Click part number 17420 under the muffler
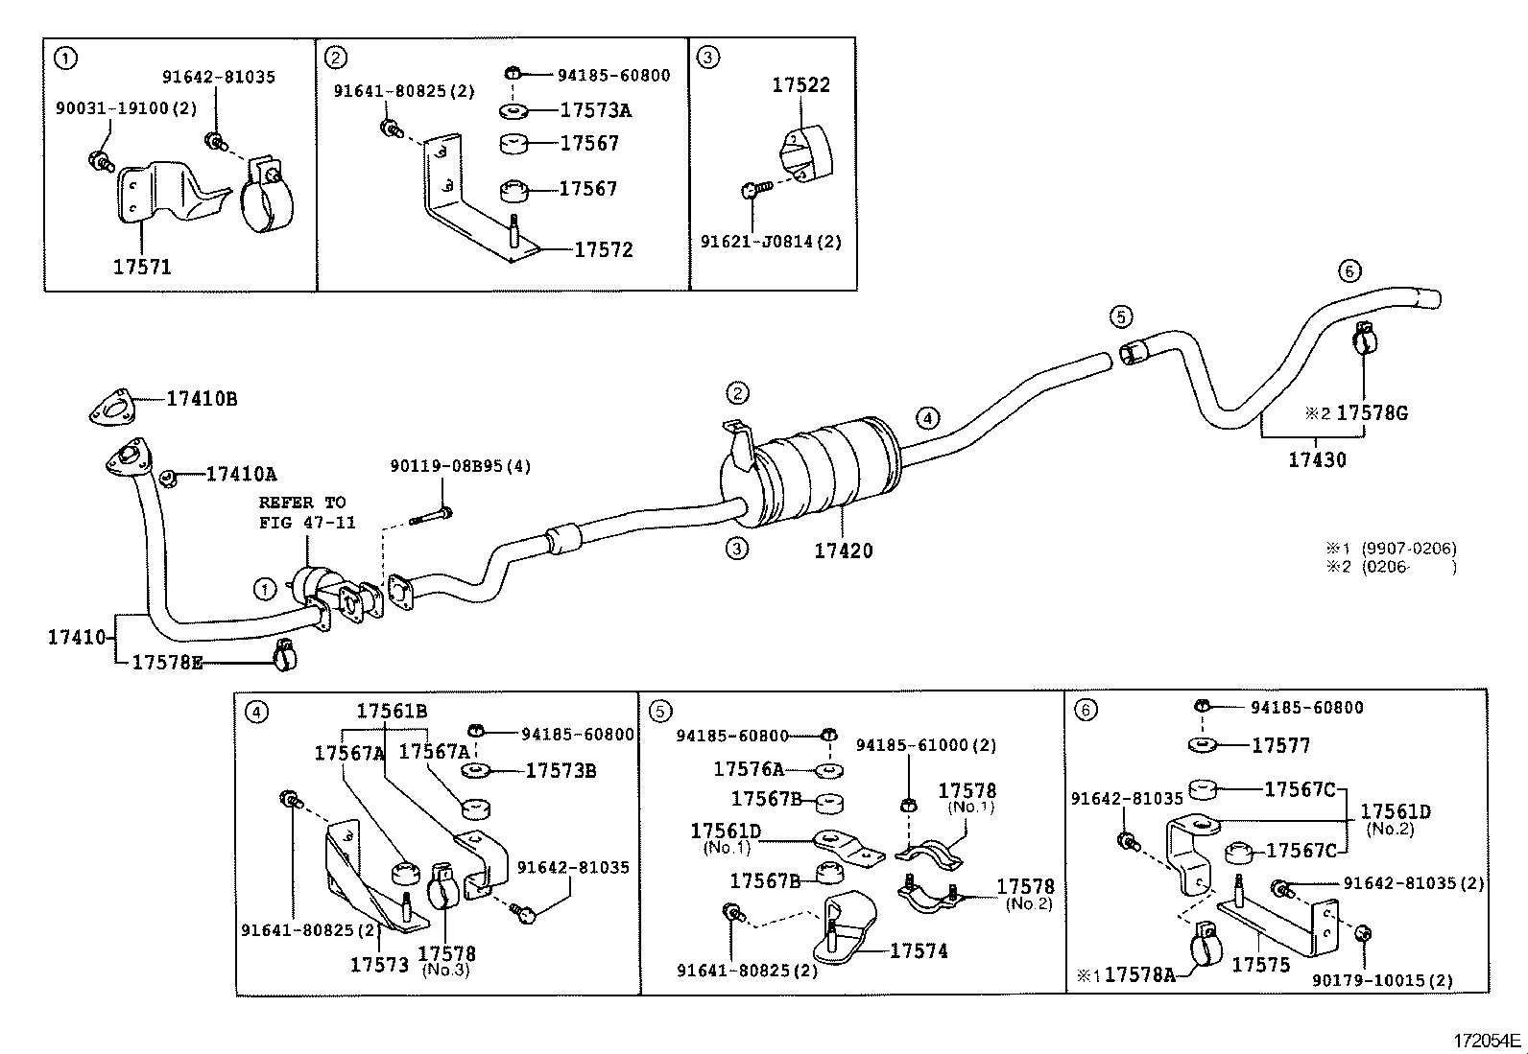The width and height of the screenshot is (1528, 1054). pyautogui.click(x=843, y=551)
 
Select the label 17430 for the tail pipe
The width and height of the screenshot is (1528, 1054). pyautogui.click(x=1317, y=460)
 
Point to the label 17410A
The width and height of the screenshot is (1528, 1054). pyautogui.click(x=241, y=474)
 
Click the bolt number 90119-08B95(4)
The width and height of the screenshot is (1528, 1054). pyautogui.click(x=460, y=466)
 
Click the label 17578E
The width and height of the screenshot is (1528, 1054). pyautogui.click(x=167, y=662)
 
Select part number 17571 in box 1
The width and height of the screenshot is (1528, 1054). pyautogui.click(x=142, y=268)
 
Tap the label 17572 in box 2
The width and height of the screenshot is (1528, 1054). pyautogui.click(x=604, y=250)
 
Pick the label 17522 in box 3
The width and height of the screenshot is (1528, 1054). pyautogui.click(x=800, y=85)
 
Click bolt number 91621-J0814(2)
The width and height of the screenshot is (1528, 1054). pyautogui.click(x=770, y=242)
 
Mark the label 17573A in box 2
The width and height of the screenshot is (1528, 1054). pyautogui.click(x=595, y=110)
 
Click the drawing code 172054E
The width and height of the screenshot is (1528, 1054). pyautogui.click(x=1486, y=1041)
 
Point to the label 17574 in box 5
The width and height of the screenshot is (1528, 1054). pyautogui.click(x=919, y=951)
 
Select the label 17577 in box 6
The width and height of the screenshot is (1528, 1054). pyautogui.click(x=1280, y=746)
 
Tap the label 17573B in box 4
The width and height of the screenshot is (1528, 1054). pyautogui.click(x=561, y=771)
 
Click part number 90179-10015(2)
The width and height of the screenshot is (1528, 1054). pyautogui.click(x=1382, y=981)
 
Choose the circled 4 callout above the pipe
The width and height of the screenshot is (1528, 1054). pyautogui.click(x=927, y=418)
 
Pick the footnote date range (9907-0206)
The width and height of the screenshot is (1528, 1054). pyautogui.click(x=1408, y=549)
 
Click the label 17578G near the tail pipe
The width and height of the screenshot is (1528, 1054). pyautogui.click(x=1372, y=413)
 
